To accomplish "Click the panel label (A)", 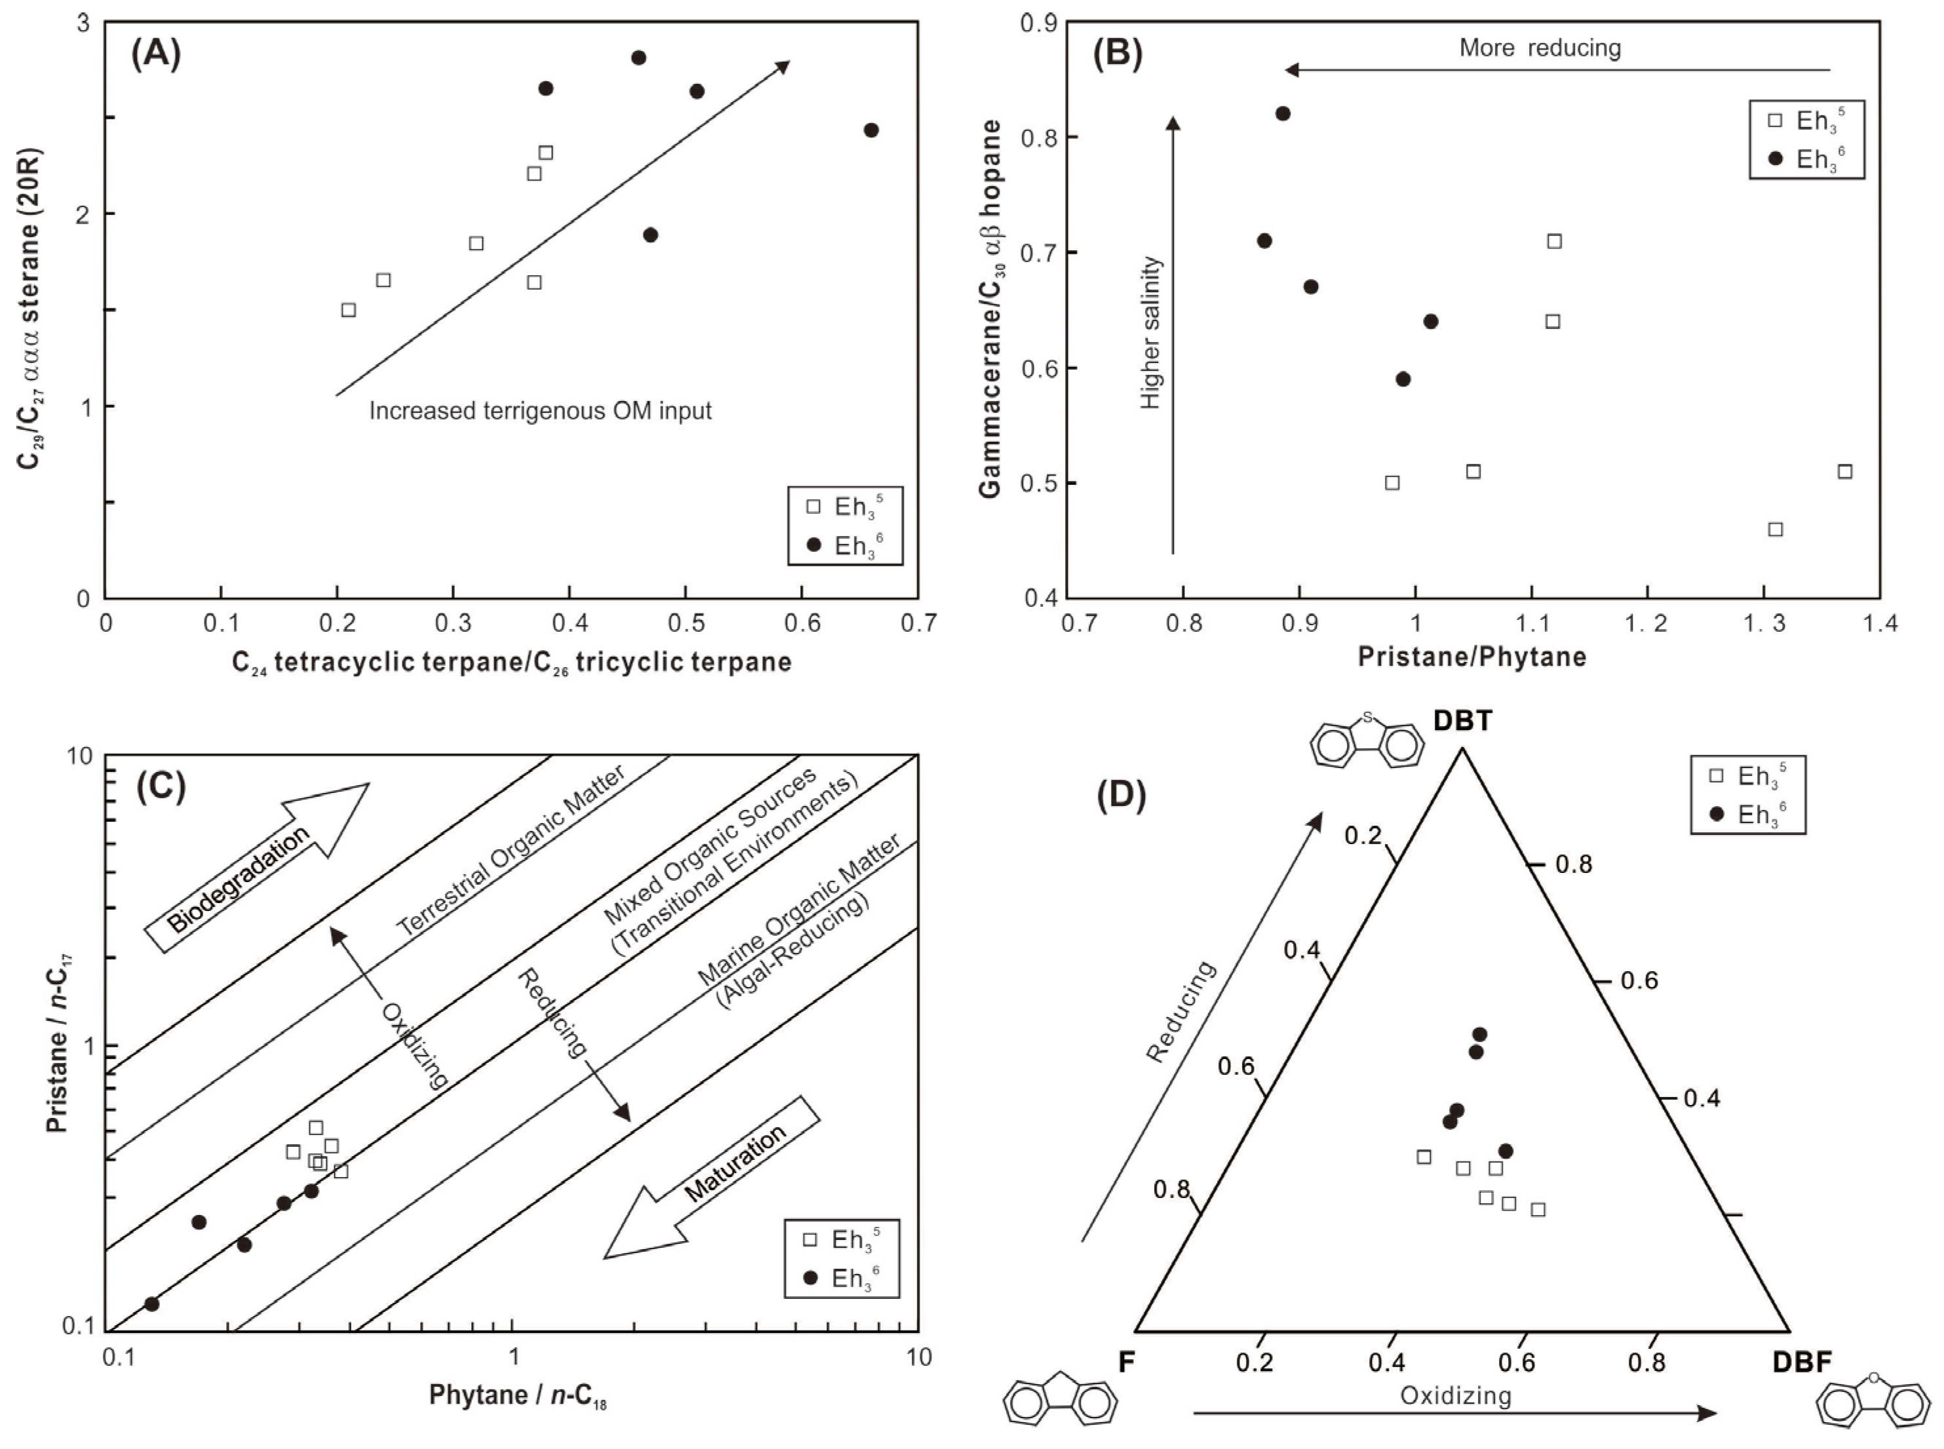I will [x=155, y=54].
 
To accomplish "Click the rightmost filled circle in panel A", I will [x=871, y=130].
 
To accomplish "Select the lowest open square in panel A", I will [x=348, y=309].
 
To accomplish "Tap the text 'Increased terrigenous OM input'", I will [x=540, y=410].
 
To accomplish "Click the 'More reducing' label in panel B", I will [x=1540, y=47].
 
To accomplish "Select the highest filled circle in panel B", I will [x=1283, y=113].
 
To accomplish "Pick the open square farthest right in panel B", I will [x=1845, y=471].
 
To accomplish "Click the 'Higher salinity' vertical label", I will [x=1150, y=334].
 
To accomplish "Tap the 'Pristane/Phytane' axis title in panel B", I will [x=1472, y=657].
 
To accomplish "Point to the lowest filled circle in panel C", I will [x=152, y=1304].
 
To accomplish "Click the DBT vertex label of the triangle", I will [x=1462, y=720].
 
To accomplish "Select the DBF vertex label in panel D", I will [x=1802, y=1362].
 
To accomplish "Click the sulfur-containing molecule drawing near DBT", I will [x=1366, y=741].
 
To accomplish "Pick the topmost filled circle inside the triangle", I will [x=1480, y=1034].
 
